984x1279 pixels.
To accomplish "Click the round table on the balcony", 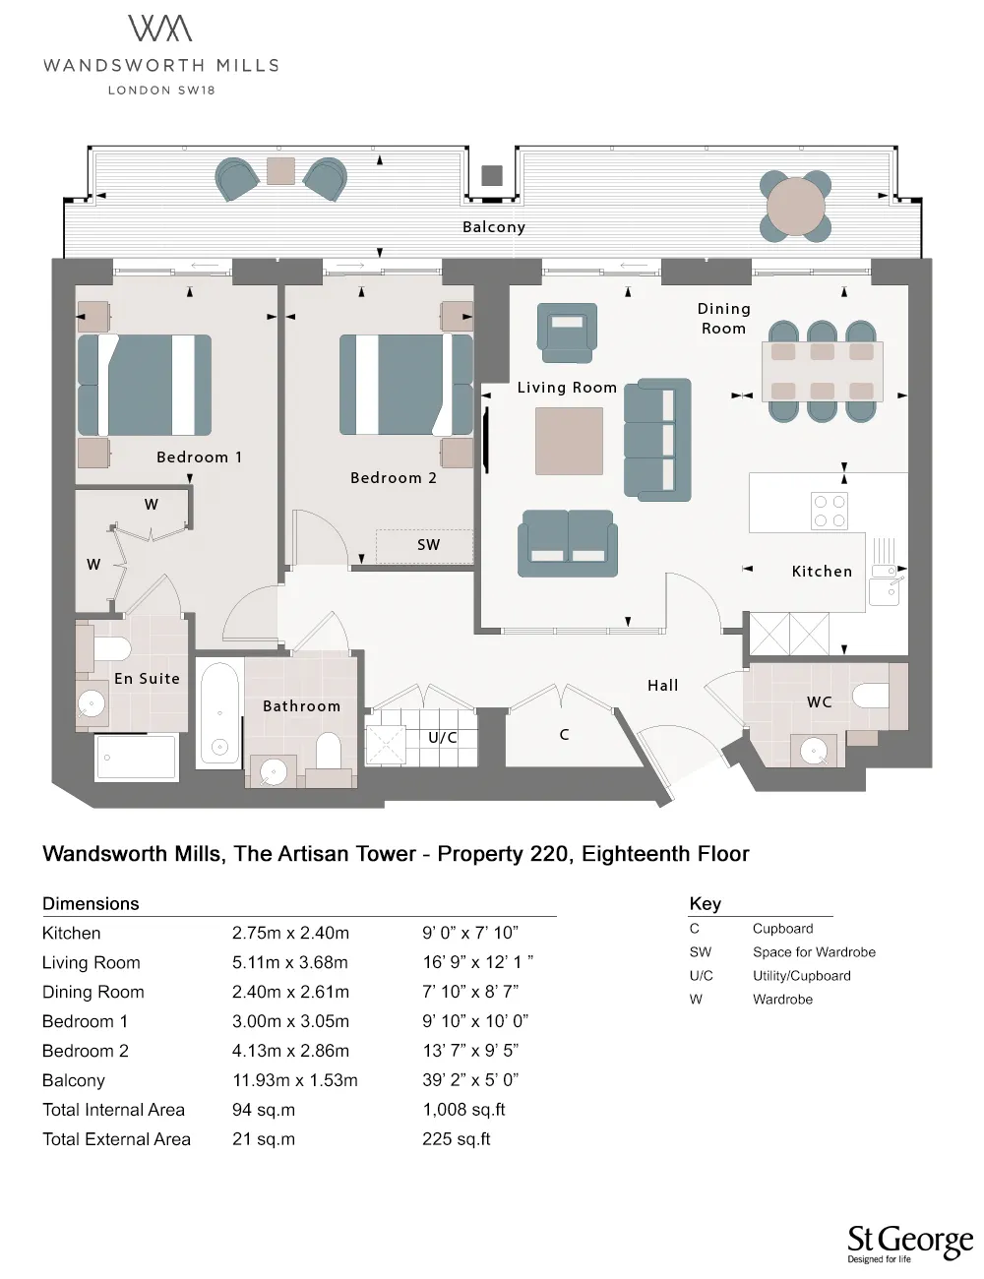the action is tap(795, 206).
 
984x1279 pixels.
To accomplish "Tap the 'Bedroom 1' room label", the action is tap(200, 457).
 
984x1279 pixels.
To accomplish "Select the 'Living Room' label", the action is tap(567, 388).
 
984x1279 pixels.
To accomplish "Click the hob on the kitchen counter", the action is tap(830, 511).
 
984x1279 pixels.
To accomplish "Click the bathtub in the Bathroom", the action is tap(219, 712).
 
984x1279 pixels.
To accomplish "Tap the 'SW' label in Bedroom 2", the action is tap(428, 545).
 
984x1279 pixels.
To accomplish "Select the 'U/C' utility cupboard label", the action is tap(443, 738).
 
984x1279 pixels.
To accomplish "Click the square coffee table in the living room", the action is tap(569, 441).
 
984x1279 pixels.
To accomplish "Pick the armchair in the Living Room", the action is tap(567, 333).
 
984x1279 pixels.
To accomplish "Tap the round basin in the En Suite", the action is tap(92, 702).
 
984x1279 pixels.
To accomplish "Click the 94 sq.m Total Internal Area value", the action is tap(264, 1110).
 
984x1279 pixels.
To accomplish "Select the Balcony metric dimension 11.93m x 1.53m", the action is tap(295, 1080).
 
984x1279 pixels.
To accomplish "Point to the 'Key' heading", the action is tap(706, 903).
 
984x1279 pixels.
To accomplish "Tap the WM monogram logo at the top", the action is tap(160, 29).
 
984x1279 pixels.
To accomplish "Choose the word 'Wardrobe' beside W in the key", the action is tap(782, 999).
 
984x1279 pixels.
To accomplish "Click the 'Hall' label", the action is tap(662, 685).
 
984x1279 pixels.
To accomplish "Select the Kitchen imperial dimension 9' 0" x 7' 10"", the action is tap(470, 933).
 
